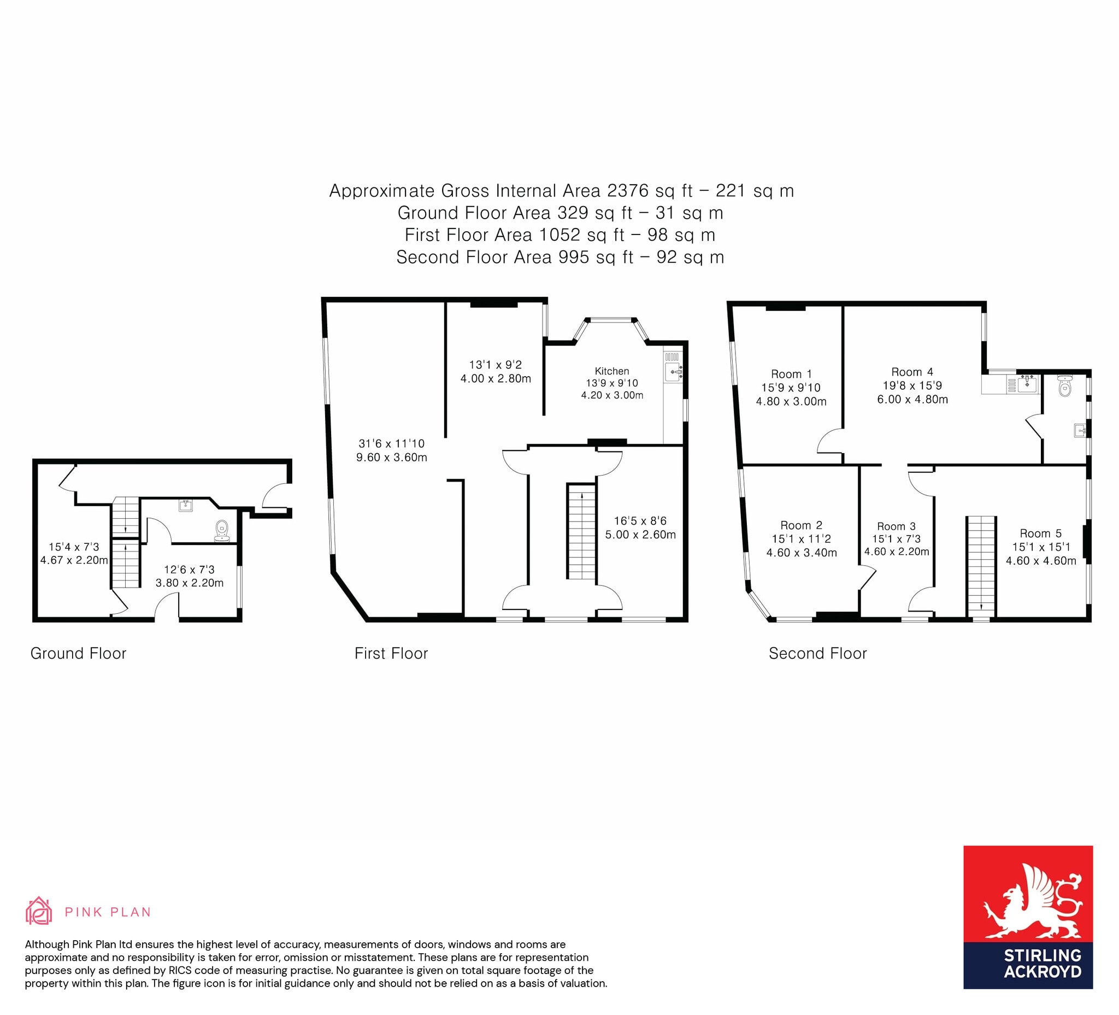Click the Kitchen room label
pyautogui.click(x=611, y=371)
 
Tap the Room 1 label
pyautogui.click(x=791, y=374)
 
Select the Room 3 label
pyautogui.click(x=896, y=526)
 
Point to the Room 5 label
pyautogui.click(x=1040, y=533)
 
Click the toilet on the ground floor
pyautogui.click(x=222, y=530)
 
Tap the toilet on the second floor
pyautogui.click(x=1064, y=386)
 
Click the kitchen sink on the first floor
pyautogui.click(x=673, y=372)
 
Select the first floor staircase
pyautogui.click(x=581, y=531)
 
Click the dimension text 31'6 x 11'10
pyautogui.click(x=391, y=443)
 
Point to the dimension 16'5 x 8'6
pyautogui.click(x=640, y=520)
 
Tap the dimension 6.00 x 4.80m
pyautogui.click(x=912, y=399)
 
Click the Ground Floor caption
pyautogui.click(x=78, y=653)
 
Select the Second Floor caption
pyautogui.click(x=817, y=653)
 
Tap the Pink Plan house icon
pyautogui.click(x=39, y=911)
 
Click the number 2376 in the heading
pyautogui.click(x=627, y=190)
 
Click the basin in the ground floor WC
pyautogui.click(x=185, y=504)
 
